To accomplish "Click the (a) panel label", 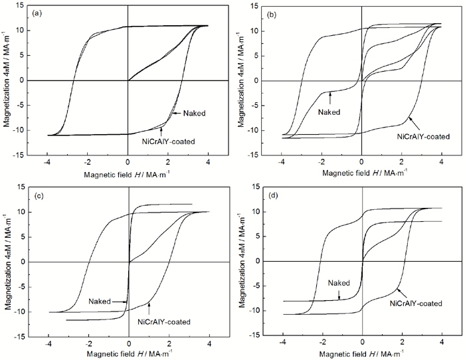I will pyautogui.click(x=39, y=13).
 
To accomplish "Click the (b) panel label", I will pyautogui.click(x=272, y=13).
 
